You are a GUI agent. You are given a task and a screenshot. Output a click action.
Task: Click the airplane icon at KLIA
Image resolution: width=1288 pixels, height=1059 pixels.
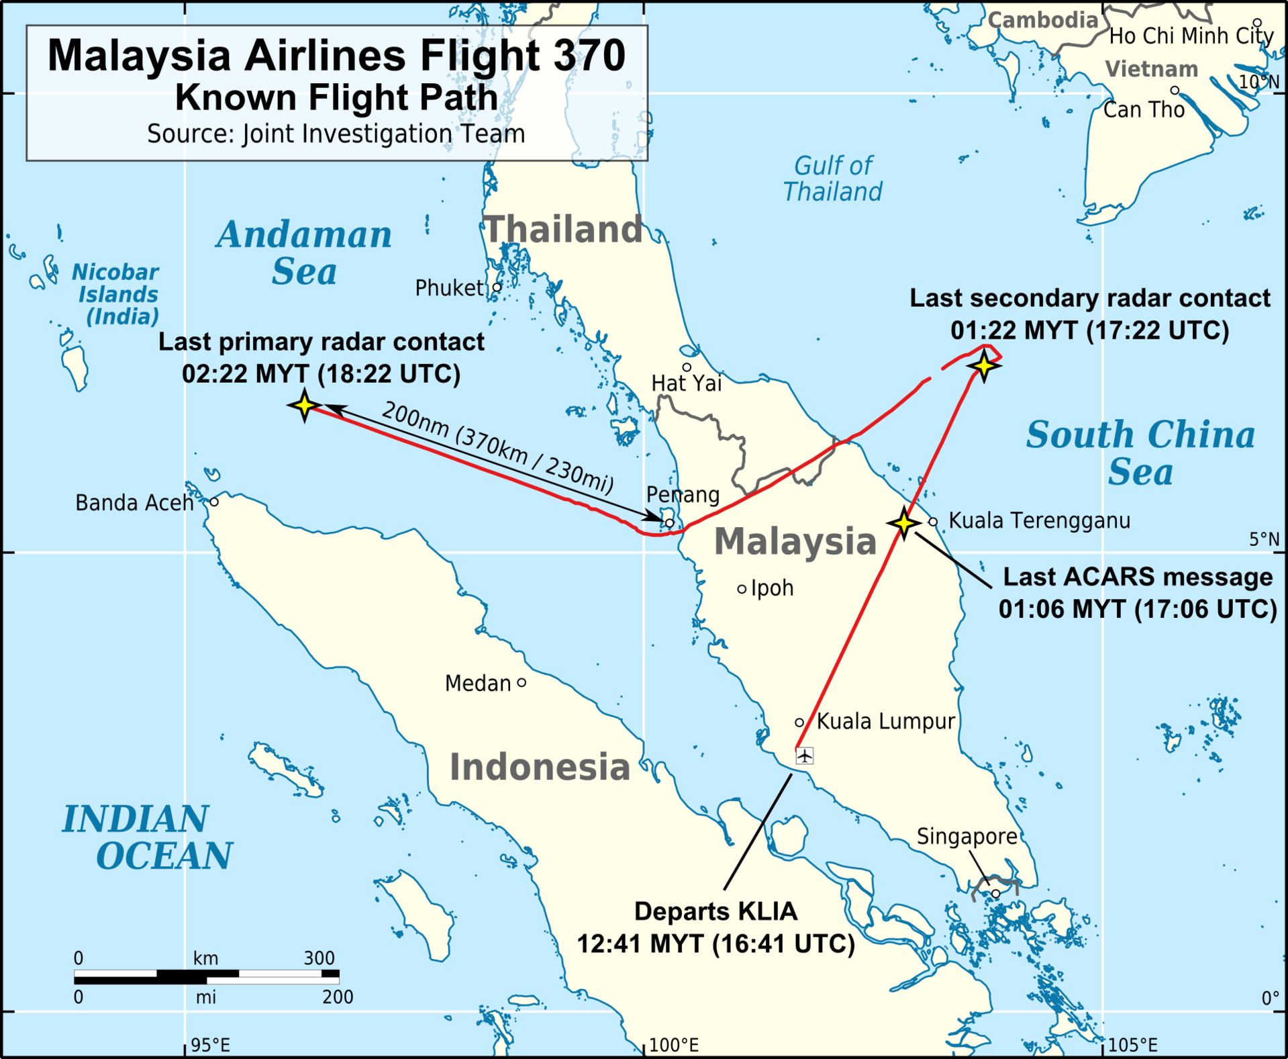tap(805, 756)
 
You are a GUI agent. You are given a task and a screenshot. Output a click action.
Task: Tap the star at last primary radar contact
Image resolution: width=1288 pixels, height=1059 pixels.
tap(305, 405)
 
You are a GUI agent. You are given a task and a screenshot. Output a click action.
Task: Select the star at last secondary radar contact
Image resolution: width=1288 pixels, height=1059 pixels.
tap(984, 366)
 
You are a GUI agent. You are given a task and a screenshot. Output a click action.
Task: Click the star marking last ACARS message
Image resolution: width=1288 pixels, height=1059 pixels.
tap(904, 522)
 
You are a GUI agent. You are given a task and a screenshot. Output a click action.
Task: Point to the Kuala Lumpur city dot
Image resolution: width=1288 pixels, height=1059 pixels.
tap(799, 723)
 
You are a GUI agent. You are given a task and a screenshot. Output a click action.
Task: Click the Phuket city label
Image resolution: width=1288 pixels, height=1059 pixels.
tap(448, 288)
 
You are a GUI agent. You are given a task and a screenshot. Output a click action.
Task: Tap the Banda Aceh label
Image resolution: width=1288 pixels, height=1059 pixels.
tap(134, 503)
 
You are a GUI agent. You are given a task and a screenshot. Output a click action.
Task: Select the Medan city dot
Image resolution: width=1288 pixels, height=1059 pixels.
tap(522, 683)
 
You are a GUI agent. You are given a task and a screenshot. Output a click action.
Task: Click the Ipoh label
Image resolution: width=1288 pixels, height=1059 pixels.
tap(772, 588)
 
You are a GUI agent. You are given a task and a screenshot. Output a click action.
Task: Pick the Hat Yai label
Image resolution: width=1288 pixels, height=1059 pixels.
tap(686, 383)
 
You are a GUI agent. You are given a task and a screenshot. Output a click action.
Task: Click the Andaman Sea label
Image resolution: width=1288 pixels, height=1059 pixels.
tap(304, 253)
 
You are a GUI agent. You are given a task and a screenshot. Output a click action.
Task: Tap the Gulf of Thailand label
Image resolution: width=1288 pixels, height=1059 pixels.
tap(832, 179)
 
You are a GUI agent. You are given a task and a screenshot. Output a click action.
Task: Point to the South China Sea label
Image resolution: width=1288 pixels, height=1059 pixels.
tap(1140, 453)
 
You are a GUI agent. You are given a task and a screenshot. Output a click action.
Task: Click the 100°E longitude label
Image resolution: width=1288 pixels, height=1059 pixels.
tap(674, 1045)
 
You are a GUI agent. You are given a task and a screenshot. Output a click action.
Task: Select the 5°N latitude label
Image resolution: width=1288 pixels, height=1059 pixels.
tap(1264, 539)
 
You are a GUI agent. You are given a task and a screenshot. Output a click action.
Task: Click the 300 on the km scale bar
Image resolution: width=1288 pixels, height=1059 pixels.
tap(319, 958)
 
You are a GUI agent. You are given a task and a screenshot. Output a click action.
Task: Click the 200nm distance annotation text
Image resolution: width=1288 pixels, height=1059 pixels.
tap(497, 448)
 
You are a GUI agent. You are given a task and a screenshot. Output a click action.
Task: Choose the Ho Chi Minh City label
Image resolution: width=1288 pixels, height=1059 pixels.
tap(1191, 36)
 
